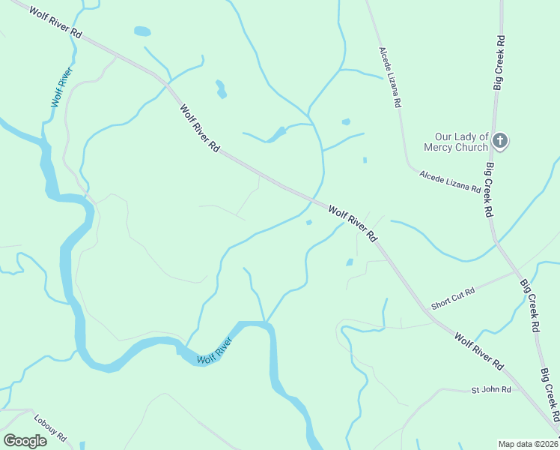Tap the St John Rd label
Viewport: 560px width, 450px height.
tap(490, 390)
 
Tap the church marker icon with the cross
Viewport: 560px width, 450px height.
tap(501, 140)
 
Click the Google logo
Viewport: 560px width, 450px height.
tap(24, 440)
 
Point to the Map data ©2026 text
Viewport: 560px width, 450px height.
tap(529, 443)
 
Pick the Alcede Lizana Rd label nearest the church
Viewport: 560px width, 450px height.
tap(450, 181)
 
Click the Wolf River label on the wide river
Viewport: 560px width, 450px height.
tap(216, 351)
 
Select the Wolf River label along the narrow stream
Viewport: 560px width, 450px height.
tap(61, 87)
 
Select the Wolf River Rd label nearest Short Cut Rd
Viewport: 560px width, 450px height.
tap(478, 350)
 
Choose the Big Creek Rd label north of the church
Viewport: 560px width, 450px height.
tap(499, 63)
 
